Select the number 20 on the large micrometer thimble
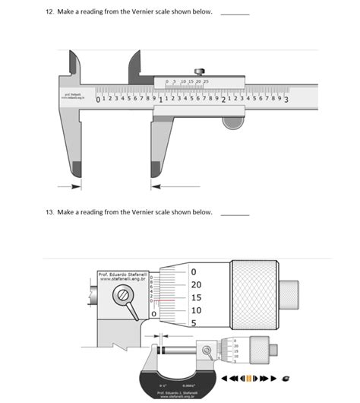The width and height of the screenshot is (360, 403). [x=196, y=284]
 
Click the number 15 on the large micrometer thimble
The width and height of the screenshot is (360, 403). [x=196, y=298]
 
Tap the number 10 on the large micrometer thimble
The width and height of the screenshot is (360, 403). [x=196, y=311]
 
